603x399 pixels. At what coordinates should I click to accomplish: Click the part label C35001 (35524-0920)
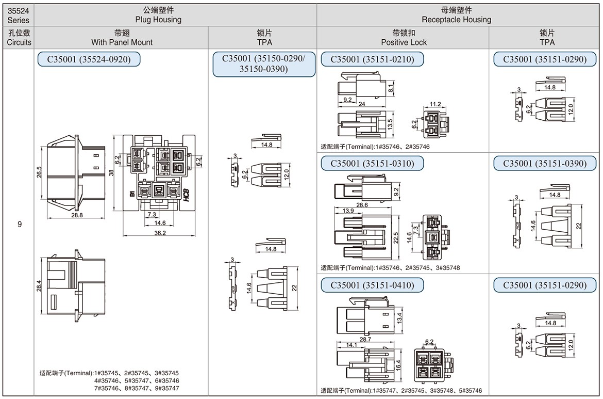[x=89, y=59]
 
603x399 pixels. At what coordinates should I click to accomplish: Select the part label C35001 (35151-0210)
[x=372, y=59]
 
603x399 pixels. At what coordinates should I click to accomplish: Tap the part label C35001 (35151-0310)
[x=372, y=164]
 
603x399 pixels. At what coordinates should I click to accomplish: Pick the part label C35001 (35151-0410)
[x=372, y=284]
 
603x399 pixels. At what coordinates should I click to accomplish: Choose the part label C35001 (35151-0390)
[x=545, y=164]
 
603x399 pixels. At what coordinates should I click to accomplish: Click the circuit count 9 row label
[x=20, y=225]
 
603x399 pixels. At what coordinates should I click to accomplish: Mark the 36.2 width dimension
[x=160, y=233]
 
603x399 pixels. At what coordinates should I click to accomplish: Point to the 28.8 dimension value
[x=77, y=215]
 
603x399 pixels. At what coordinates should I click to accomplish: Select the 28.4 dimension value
[x=39, y=286]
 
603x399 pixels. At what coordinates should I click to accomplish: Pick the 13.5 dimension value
[x=390, y=124]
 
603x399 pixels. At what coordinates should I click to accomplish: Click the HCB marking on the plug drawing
[x=186, y=195]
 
